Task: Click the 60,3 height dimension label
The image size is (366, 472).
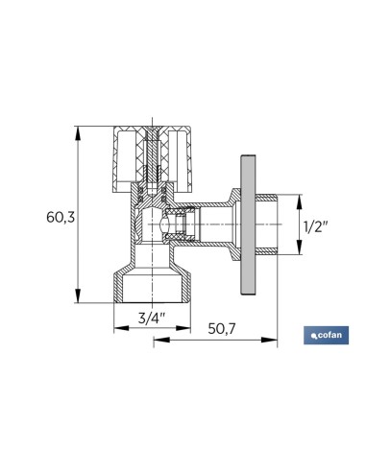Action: [x=61, y=218]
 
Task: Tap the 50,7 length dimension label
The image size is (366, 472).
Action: [x=222, y=328]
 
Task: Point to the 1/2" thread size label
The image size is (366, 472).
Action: [x=316, y=227]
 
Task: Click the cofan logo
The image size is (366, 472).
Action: [x=326, y=336]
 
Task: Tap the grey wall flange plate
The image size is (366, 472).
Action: [x=248, y=224]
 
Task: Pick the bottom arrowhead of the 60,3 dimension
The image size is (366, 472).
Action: [x=78, y=295]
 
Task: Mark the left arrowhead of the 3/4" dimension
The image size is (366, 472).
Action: [x=121, y=328]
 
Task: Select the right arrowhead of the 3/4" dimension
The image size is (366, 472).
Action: [x=183, y=328]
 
